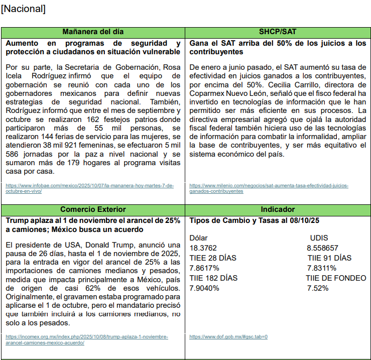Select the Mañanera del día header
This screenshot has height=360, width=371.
93,32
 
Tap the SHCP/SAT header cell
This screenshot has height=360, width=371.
278,32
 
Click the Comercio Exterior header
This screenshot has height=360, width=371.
93,209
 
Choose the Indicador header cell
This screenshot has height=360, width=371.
278,209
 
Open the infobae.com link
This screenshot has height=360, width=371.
90,188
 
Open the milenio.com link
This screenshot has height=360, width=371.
269,188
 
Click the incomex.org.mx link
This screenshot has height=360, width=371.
87,339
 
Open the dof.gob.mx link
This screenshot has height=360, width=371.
228,337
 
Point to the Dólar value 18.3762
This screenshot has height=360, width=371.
203,248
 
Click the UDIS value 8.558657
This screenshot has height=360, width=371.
323,248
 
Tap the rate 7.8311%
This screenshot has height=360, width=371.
322,268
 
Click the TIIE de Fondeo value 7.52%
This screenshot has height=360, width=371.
318,288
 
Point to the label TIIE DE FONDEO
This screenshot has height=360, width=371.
336,278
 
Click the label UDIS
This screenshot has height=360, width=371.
320,238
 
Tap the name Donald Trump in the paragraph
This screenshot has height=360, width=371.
109,245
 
